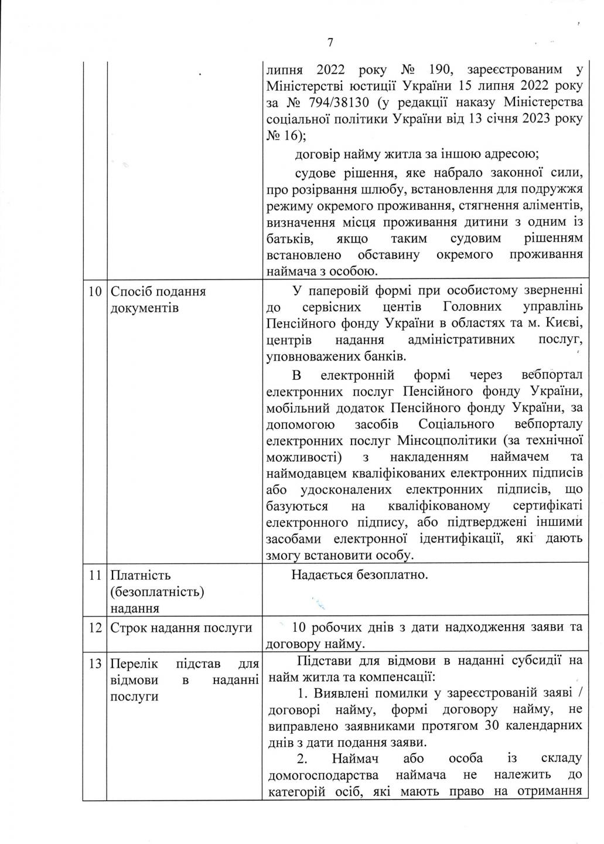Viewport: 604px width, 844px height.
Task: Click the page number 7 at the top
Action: pyautogui.click(x=330, y=42)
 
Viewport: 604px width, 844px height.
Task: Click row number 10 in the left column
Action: pyautogui.click(x=94, y=291)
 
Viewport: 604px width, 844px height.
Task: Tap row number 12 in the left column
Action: pyautogui.click(x=94, y=628)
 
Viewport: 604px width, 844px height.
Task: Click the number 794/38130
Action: pyautogui.click(x=333, y=104)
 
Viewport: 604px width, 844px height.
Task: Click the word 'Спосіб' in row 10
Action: pyautogui.click(x=131, y=291)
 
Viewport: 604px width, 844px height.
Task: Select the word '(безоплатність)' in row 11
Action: pyautogui.click(x=157, y=591)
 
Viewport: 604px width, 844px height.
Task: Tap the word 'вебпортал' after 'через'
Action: pyautogui.click(x=551, y=375)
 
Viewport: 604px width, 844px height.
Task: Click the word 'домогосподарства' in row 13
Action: pyautogui.click(x=326, y=775)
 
